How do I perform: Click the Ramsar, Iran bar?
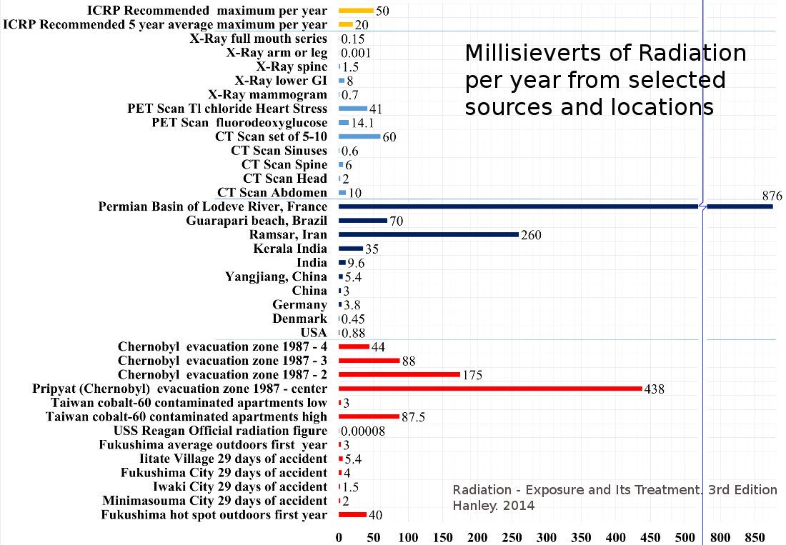pyautogui.click(x=429, y=234)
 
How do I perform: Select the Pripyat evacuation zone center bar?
pyautogui.click(x=490, y=389)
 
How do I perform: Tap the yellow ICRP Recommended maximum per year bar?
pyautogui.click(x=356, y=11)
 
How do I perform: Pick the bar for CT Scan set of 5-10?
pyautogui.click(x=359, y=136)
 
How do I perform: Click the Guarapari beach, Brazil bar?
pyautogui.click(x=363, y=221)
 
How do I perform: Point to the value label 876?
pyautogui.click(x=772, y=196)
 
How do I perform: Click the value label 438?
pyautogui.click(x=655, y=389)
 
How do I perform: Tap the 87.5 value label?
pyautogui.click(x=413, y=417)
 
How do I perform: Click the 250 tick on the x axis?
pyautogui.click(x=512, y=536)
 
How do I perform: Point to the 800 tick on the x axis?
pyautogui.click(x=720, y=536)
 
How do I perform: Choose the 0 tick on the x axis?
pyautogui.click(x=339, y=536)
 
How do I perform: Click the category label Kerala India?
pyautogui.click(x=290, y=249)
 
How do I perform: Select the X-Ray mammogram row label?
pyautogui.click(x=267, y=94)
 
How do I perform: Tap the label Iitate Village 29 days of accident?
pyautogui.click(x=233, y=459)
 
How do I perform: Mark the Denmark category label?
pyautogui.click(x=299, y=319)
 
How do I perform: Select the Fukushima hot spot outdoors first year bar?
pyautogui.click(x=352, y=514)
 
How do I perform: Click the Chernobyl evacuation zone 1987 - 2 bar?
pyautogui.click(x=399, y=374)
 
